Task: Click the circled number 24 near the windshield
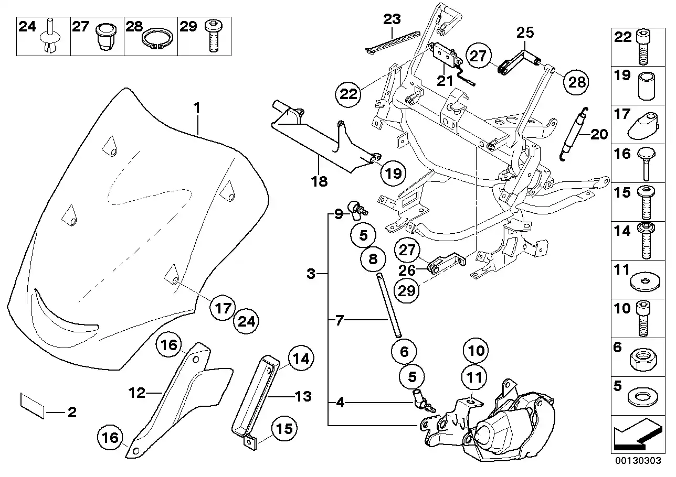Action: [246, 321]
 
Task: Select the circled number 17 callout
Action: [223, 308]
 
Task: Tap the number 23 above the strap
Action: [392, 20]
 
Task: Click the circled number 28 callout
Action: [576, 82]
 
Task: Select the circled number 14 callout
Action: [299, 360]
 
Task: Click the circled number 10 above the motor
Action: [474, 351]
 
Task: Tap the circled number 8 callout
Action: [372, 258]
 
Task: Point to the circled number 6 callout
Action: [404, 352]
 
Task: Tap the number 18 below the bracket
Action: [319, 181]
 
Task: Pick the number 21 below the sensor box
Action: [445, 81]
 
